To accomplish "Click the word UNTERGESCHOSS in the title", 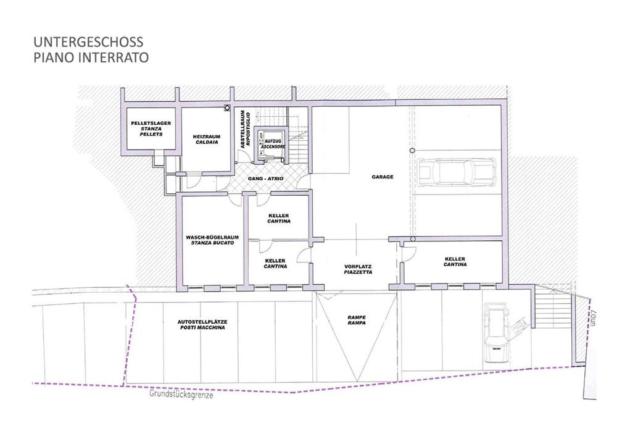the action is pos(88,42).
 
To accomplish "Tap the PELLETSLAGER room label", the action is pos(151,124).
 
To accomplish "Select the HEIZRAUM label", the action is pos(207,136).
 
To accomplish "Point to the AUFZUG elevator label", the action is pos(273,141).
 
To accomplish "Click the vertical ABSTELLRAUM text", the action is pos(242,129).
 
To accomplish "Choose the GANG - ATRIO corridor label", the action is pos(265,179).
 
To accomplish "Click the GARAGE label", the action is pos(383,177).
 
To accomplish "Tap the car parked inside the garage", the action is pos(457,172).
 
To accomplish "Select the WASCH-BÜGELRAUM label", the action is pos(212,238).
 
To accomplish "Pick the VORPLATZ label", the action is pos(358,267).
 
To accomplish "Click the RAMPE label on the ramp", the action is pos(357,317).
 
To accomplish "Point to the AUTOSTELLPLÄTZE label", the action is pos(202,322).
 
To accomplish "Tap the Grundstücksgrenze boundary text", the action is pos(181,394).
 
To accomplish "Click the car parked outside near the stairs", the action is pos(497,333).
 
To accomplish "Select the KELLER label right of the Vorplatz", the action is pos(455,259).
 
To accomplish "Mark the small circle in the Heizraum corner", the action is pos(227,107).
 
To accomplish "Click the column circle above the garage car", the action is pos(412,151).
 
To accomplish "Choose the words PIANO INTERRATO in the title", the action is pos(91,57).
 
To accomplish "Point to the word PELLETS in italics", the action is pos(151,134).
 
